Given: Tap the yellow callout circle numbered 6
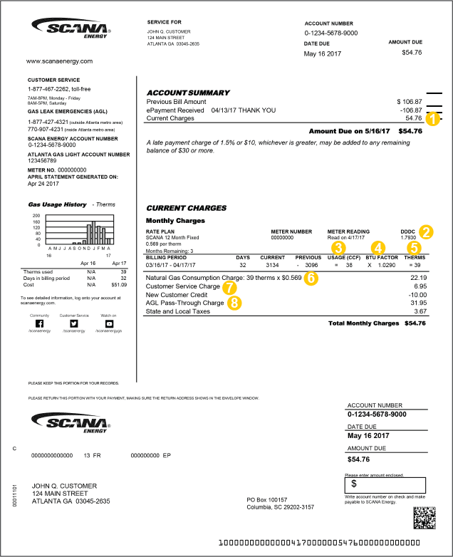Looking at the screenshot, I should pyautogui.click(x=311, y=278).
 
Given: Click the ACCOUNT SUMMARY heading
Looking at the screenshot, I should pyautogui.click(x=188, y=93).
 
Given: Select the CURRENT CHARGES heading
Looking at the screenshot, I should pyautogui.click(x=186, y=208).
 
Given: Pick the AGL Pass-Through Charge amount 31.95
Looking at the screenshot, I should pyautogui.click(x=418, y=302).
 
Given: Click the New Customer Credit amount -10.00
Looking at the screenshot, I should pyautogui.click(x=417, y=293).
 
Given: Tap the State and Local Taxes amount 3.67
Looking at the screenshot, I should pyautogui.click(x=420, y=311).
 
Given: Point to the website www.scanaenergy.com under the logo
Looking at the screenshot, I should pyautogui.click(x=60, y=61).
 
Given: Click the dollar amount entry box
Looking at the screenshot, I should pyautogui.click(x=385, y=483).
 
